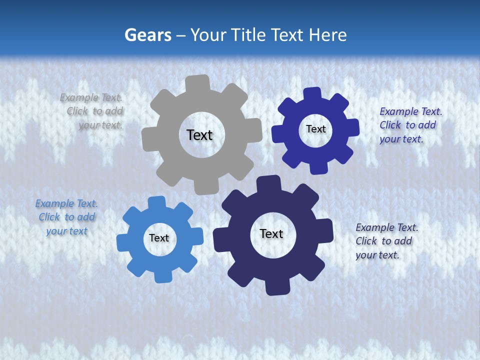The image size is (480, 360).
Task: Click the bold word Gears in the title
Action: [147, 35]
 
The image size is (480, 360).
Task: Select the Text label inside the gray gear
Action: [199, 135]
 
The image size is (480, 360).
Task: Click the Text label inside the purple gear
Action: [315, 129]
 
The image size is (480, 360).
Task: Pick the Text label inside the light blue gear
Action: [159, 238]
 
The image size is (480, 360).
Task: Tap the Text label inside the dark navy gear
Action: [271, 233]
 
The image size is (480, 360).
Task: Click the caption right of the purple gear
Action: [410, 125]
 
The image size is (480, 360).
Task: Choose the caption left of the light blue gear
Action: [66, 217]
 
